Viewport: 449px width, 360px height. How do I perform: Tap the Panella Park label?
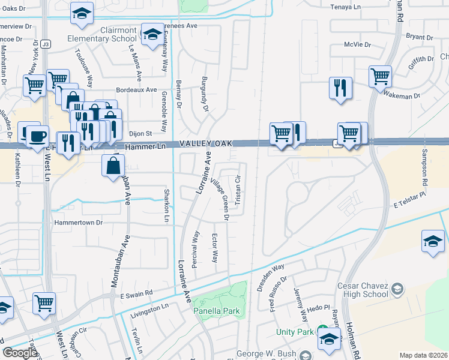tap(216, 311)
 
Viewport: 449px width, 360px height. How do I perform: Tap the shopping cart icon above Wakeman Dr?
tap(381, 77)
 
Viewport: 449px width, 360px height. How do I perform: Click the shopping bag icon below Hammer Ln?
tap(113, 166)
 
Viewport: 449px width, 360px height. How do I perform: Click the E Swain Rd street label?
tap(137, 294)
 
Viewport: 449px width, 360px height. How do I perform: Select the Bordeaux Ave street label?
tap(136, 89)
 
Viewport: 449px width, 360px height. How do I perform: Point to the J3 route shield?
tap(46, 44)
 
